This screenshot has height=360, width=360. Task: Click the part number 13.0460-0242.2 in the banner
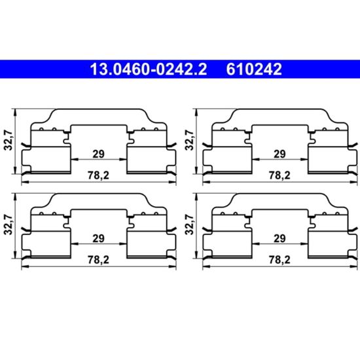pos(149,69)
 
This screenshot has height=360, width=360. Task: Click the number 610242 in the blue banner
pos(254,69)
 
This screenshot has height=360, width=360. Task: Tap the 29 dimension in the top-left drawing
pos(98,154)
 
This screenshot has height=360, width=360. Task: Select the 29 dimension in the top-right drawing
pos(279,154)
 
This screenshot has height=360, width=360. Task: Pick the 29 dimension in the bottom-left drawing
pos(98,238)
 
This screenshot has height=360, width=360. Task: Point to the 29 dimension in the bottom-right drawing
pos(279,238)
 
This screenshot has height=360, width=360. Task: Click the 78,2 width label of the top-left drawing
pos(98,175)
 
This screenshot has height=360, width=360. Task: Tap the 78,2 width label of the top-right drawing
pos(279,175)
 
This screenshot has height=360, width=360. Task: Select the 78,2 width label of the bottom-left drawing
pos(98,260)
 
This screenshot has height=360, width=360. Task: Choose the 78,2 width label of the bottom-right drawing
pos(279,260)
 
